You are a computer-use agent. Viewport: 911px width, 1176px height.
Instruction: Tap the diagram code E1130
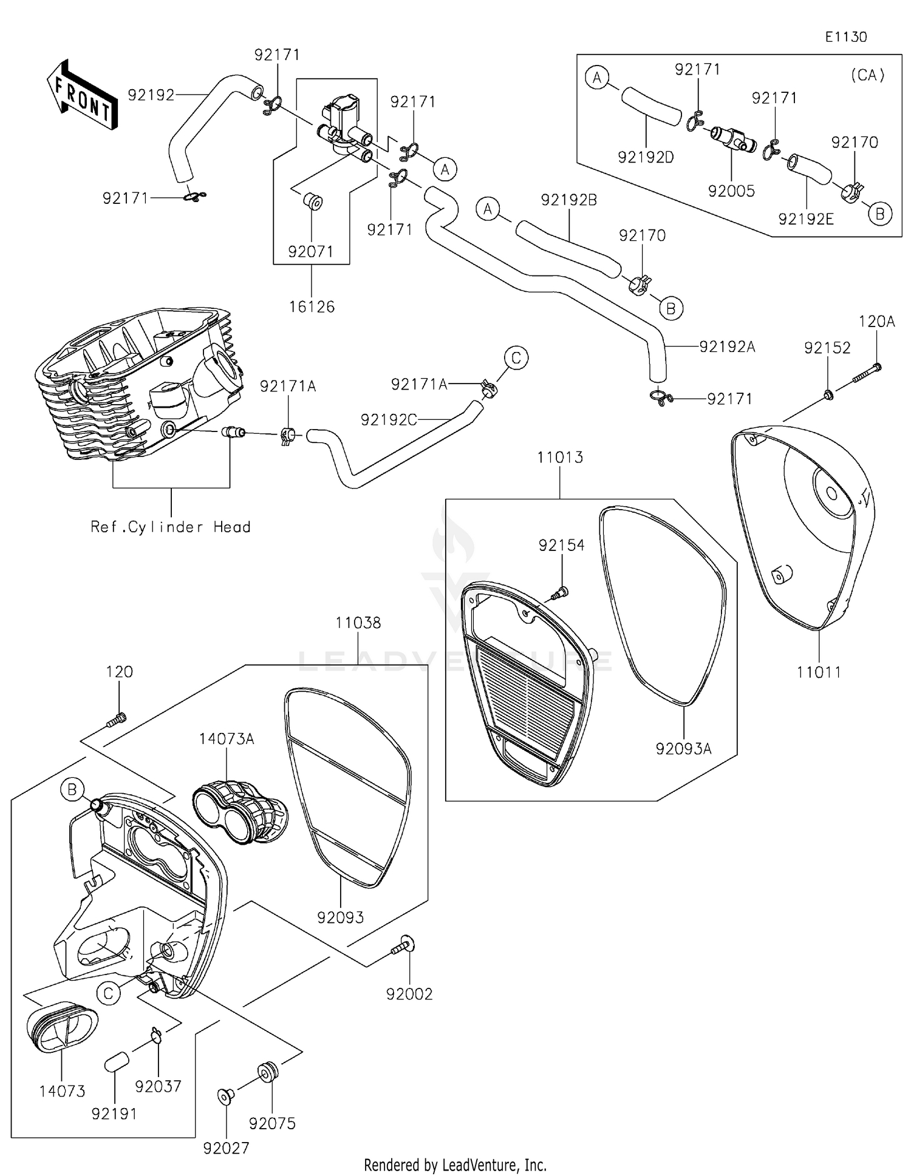(845, 37)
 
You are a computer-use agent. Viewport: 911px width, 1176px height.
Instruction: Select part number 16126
(312, 307)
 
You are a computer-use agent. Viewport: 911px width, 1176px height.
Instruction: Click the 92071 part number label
(311, 251)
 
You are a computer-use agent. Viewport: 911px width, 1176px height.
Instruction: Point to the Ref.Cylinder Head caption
(171, 527)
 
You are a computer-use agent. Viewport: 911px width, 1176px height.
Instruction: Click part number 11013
(560, 458)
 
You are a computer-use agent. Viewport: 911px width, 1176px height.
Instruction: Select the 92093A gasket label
(683, 749)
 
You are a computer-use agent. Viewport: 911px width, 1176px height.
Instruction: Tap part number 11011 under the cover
(819, 672)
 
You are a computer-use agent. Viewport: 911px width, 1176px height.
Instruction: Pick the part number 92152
(827, 348)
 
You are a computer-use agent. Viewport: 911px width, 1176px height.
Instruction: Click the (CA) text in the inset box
(867, 75)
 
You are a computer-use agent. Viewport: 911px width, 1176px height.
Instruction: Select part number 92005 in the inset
(731, 191)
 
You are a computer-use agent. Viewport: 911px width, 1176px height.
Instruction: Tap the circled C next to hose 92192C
(516, 358)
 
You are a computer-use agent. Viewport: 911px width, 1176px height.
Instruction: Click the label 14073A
(226, 738)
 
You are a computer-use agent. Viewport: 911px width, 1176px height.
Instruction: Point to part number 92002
(409, 994)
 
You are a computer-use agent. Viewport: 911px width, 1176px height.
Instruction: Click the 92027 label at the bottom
(226, 1148)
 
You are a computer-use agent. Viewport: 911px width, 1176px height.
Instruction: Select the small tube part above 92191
(115, 1064)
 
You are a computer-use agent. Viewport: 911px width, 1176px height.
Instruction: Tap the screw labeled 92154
(561, 592)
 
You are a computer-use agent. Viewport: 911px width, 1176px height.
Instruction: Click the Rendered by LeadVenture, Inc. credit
(455, 1164)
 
